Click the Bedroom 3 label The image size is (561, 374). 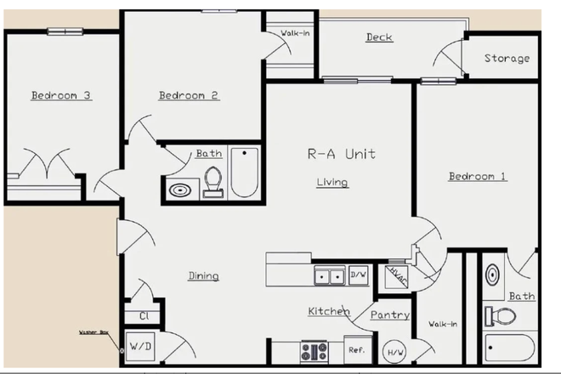60,95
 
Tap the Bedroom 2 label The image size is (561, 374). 189,95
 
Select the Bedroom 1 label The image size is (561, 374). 478,176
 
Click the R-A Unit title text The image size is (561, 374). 341,155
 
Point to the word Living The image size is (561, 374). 332,182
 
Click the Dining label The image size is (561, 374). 203,275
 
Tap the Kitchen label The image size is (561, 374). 328,312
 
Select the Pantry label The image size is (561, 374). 390,314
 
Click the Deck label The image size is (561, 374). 379,37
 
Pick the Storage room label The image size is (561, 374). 507,59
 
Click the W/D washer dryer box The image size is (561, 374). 139,347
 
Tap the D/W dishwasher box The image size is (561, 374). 359,275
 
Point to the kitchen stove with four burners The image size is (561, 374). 314,350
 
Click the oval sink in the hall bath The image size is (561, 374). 180,190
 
